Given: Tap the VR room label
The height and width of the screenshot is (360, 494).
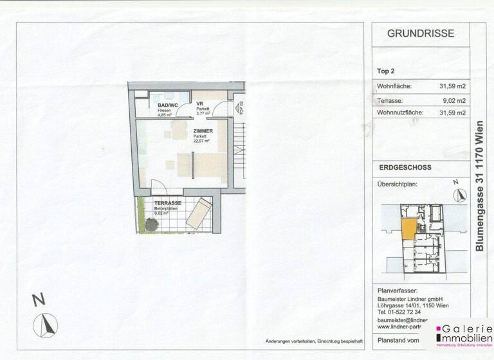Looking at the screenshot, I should click(200, 104).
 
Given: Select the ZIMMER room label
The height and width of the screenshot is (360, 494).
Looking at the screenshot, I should click(203, 130).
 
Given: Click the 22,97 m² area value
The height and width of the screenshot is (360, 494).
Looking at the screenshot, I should click(203, 142).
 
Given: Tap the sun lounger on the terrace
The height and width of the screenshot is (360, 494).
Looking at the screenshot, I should click(200, 212).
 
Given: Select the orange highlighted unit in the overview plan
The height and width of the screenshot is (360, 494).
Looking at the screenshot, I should click(408, 229).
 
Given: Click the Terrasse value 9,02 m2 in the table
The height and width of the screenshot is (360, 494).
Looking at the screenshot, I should click(454, 100).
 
